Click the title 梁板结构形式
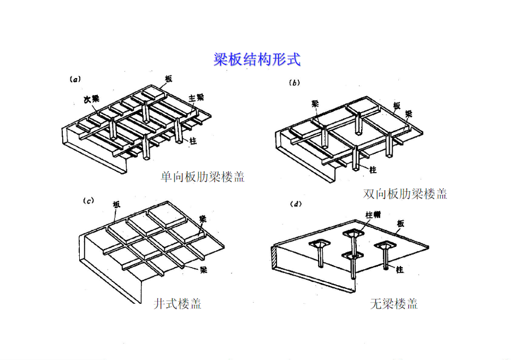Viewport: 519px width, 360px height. (x=257, y=59)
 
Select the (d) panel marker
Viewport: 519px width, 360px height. (x=296, y=204)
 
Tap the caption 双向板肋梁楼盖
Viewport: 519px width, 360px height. (x=405, y=193)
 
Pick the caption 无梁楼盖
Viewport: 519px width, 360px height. (x=393, y=304)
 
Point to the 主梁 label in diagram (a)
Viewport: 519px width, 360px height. (x=196, y=97)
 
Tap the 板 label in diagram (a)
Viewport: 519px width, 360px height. (x=168, y=79)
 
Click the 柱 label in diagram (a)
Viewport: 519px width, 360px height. (x=193, y=140)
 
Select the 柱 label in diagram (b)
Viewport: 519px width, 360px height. (x=373, y=170)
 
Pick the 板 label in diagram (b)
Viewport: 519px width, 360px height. (x=397, y=105)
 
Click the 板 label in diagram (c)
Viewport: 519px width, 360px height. (x=116, y=204)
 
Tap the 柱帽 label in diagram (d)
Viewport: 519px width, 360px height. (x=373, y=215)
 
